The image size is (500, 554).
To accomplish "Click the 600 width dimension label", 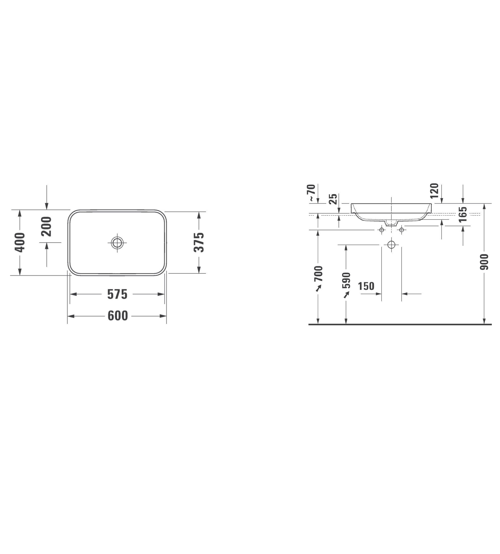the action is (118, 316).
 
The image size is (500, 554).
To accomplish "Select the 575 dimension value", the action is (117, 294).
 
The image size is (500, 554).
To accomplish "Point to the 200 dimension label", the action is (46, 226).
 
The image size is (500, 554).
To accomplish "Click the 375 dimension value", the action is (199, 242).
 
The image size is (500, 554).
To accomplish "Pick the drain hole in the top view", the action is (117, 243).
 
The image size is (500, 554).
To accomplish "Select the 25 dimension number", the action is (333, 199).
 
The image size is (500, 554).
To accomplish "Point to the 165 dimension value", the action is (463, 214).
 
